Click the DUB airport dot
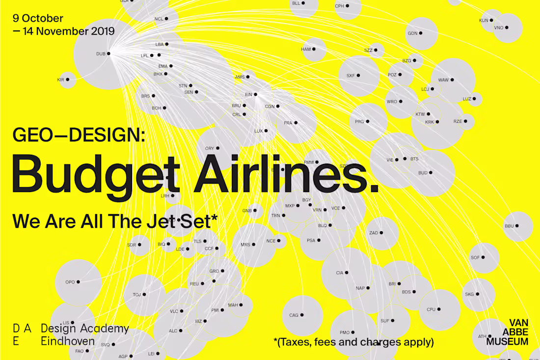(108, 54)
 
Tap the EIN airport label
(248, 94)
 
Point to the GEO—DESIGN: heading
(79, 135)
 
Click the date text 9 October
(38, 19)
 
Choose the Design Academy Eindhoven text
(84, 334)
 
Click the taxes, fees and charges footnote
(353, 341)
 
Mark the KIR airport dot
(68, 80)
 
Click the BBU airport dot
(517, 226)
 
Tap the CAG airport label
(294, 315)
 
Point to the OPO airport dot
(78, 282)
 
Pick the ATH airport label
(482, 337)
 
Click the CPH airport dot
(347, 6)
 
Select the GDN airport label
(412, 33)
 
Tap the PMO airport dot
(354, 332)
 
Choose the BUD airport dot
(432, 173)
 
